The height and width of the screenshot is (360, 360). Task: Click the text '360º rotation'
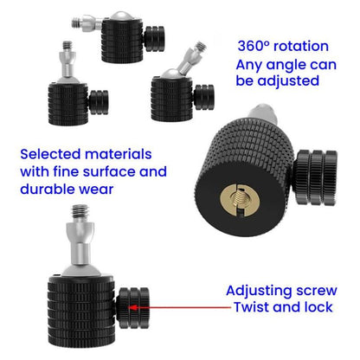[x=283, y=46]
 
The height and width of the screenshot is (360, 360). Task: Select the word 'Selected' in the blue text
[x=51, y=153]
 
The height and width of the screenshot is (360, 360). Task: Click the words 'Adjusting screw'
[x=281, y=291]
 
